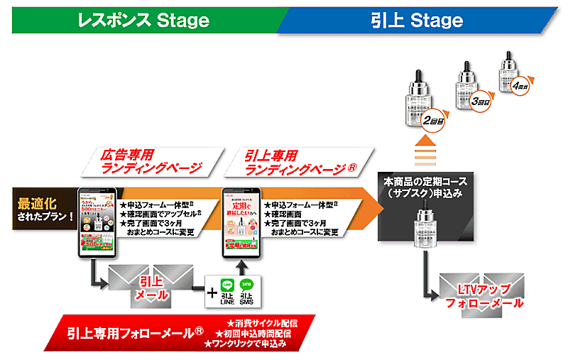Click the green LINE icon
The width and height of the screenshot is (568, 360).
pos(227,285)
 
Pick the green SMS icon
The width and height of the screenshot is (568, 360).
pos(248,285)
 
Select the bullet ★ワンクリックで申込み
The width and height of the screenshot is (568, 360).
pos(245,344)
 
